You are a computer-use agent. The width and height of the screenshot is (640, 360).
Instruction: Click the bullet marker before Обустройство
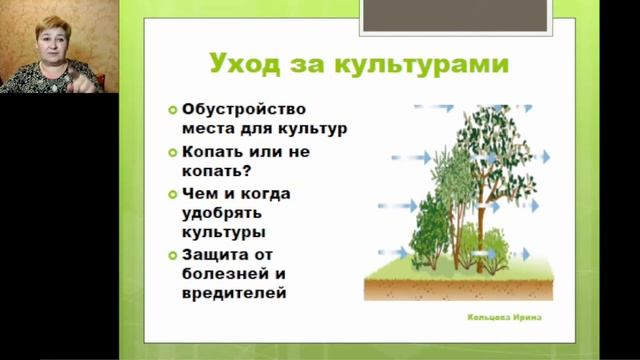pos(173,109)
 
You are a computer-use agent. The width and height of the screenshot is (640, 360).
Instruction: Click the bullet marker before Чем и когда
pos(173,193)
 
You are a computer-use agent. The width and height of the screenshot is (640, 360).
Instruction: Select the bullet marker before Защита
pos(173,256)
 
